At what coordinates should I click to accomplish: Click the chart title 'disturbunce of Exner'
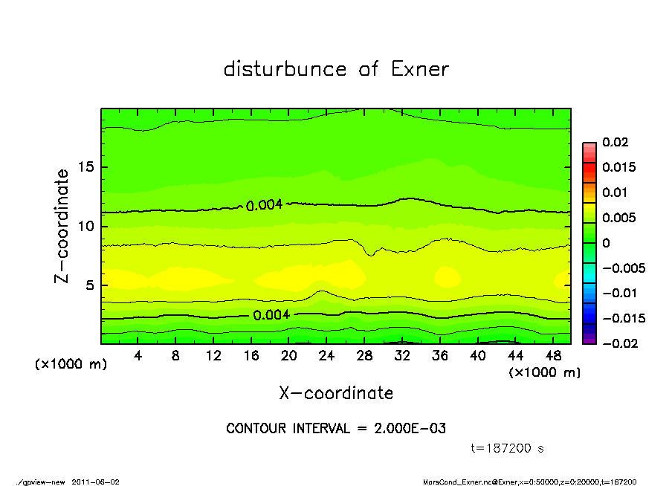click(336, 69)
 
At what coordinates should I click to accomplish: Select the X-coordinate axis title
click(336, 393)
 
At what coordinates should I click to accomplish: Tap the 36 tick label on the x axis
click(440, 355)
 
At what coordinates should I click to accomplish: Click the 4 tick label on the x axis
click(138, 355)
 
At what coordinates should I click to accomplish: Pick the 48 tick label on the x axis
click(553, 355)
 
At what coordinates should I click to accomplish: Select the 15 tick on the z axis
click(86, 167)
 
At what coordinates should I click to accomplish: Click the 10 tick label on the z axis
click(86, 226)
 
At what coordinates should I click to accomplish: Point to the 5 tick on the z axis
click(90, 285)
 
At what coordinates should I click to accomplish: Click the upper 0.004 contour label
click(264, 205)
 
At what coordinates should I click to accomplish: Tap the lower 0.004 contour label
click(271, 315)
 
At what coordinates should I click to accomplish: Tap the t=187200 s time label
click(508, 449)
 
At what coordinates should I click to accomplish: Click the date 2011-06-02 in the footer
click(96, 482)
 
